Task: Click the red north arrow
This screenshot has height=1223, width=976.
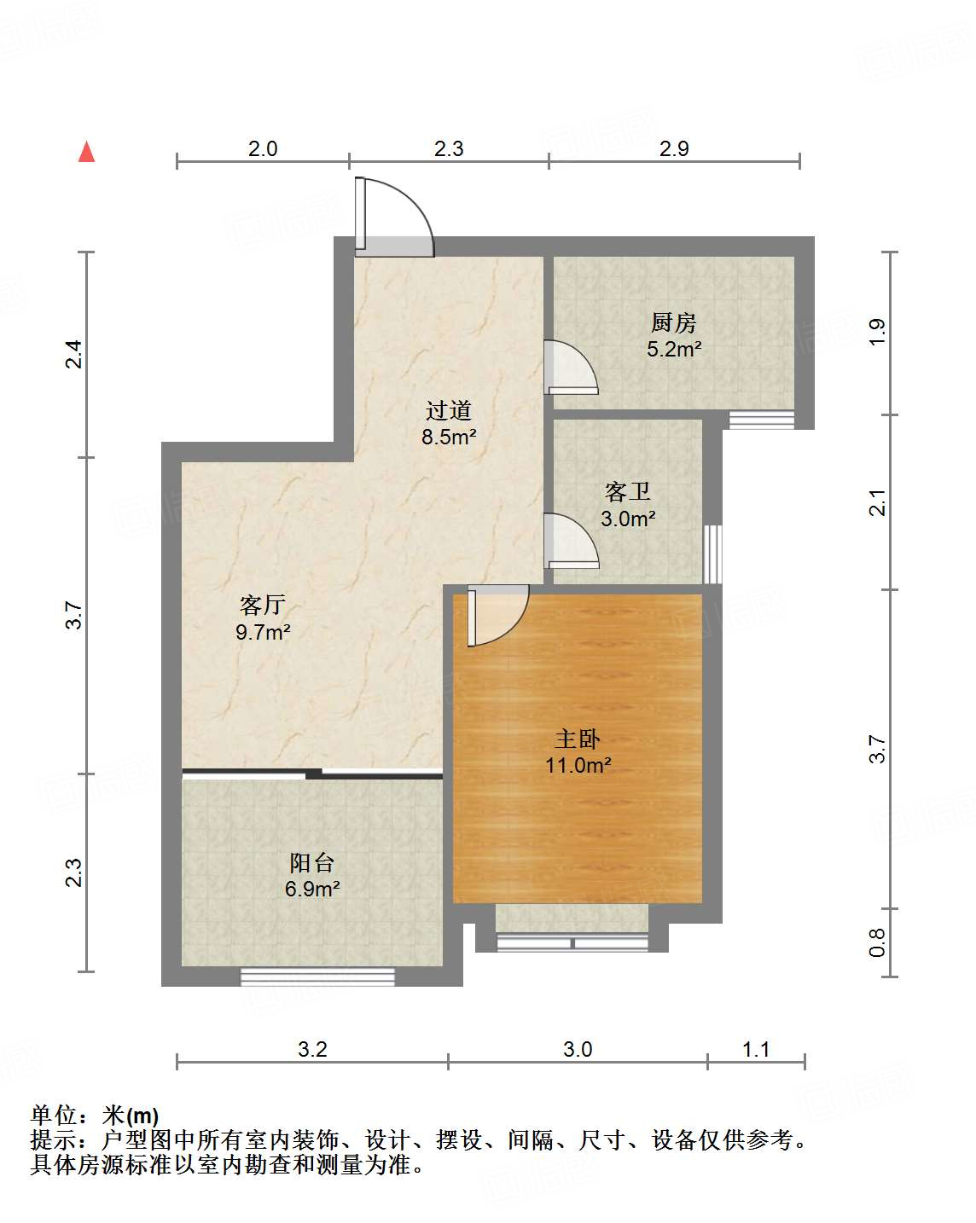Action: coord(86,152)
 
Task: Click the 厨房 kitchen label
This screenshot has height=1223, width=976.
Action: coord(673,323)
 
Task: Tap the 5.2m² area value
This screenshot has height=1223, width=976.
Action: coord(674,349)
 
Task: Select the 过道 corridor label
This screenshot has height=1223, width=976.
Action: coord(449,411)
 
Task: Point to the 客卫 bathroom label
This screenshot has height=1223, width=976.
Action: coord(628,492)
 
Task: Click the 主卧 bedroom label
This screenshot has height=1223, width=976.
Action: coord(578,739)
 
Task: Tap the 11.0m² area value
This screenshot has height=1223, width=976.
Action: coord(578,765)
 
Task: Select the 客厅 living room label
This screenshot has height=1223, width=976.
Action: coord(262,606)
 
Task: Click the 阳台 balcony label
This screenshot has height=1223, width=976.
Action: coord(311,862)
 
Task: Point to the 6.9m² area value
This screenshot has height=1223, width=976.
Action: coord(312,889)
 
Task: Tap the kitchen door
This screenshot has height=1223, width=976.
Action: coord(569,368)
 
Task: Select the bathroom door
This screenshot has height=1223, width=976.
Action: coord(570,541)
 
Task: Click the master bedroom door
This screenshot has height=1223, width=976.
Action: coord(495,614)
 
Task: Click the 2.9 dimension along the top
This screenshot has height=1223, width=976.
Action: coord(674,148)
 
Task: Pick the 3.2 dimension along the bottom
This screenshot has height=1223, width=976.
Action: coord(312,1049)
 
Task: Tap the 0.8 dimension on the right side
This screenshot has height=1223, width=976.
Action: coord(877,942)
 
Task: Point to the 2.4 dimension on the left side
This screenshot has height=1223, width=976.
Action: coord(75,354)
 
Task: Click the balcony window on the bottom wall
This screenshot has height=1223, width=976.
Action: coord(317,977)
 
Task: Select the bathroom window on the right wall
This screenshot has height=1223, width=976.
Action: coord(712,554)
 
